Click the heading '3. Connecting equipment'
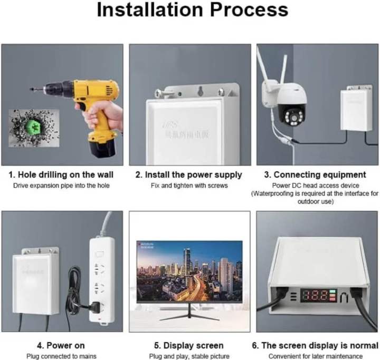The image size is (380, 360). click(319, 174)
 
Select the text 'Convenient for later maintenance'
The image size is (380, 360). click(319, 356)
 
